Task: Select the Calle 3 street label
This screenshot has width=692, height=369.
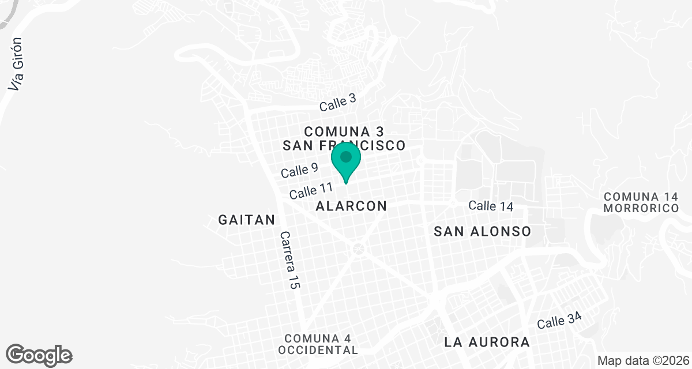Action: (x=338, y=103)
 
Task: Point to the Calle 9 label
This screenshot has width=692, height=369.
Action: (x=299, y=170)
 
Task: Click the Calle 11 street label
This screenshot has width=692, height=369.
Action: (x=311, y=190)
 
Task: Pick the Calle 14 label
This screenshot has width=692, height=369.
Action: (x=490, y=206)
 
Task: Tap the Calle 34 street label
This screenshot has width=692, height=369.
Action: (x=559, y=320)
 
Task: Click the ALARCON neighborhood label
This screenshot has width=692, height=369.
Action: (x=351, y=206)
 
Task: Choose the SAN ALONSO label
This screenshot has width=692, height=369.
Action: (x=482, y=231)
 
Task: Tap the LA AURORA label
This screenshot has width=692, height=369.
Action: (x=487, y=342)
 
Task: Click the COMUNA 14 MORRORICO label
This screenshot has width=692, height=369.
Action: (x=641, y=202)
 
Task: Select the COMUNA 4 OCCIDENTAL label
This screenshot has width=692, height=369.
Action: (x=318, y=344)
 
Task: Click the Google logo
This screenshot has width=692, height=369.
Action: (x=39, y=355)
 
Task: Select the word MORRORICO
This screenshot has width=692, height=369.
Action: (x=641, y=208)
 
